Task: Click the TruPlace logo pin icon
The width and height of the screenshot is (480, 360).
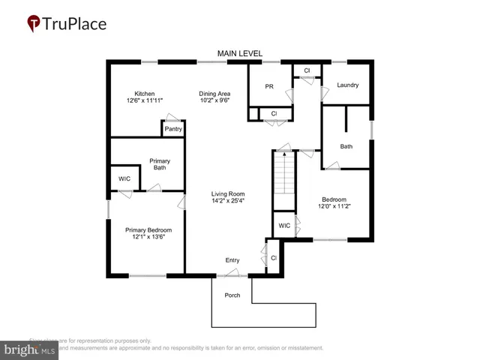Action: click(34, 24)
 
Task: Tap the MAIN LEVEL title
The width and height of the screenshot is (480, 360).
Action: click(240, 53)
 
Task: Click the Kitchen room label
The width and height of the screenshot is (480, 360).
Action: click(145, 93)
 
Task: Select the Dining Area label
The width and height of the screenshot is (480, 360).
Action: click(214, 93)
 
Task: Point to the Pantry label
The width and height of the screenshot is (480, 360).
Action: click(173, 129)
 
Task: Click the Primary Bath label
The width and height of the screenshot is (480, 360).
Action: click(160, 164)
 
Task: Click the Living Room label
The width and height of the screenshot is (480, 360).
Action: click(228, 193)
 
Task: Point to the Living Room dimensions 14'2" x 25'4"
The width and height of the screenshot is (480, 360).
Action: click(228, 201)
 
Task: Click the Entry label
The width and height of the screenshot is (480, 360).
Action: click(232, 260)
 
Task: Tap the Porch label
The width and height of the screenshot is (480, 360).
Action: click(232, 295)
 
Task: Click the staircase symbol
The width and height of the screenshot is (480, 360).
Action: click(283, 180)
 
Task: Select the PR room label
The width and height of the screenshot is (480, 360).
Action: click(269, 86)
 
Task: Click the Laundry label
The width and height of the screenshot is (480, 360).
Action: click(347, 85)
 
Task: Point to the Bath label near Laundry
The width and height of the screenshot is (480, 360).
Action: click(346, 146)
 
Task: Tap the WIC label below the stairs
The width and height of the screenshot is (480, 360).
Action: click(284, 225)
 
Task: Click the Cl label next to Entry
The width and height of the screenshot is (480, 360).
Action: click(273, 258)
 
